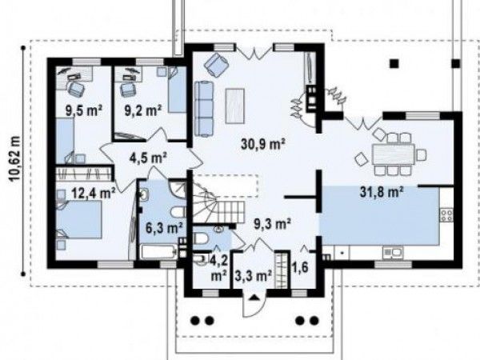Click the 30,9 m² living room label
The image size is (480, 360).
pos(263,144)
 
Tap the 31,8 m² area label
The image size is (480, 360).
pos(381,192)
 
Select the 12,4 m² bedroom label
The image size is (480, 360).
pos(94,193)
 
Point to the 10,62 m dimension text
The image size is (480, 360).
pos(14,159)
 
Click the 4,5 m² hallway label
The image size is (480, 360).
pos(148,158)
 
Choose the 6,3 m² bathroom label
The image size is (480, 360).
pos(164,227)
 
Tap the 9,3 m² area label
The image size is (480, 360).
pos(273,224)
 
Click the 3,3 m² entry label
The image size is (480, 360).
pos(254,276)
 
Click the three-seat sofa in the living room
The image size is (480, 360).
pos(204,108)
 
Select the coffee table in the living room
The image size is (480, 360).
pos(234,106)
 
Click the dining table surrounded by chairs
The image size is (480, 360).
pos(394,154)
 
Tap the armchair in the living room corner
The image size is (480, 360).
pos(217,63)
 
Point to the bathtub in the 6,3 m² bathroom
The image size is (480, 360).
pos(159,252)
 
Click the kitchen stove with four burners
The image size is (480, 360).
pos(446,214)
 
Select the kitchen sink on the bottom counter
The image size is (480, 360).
pos(393,253)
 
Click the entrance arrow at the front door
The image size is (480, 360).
pos(254,297)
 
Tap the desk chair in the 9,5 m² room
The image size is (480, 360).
pos(76,88)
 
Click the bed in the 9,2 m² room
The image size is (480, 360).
pos(178,90)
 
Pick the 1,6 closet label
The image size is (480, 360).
pos(300,267)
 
